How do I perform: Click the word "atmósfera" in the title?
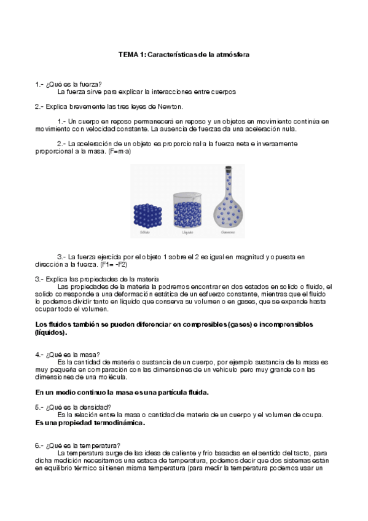coord(232,55)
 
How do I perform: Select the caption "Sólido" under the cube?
coord(145,233)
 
